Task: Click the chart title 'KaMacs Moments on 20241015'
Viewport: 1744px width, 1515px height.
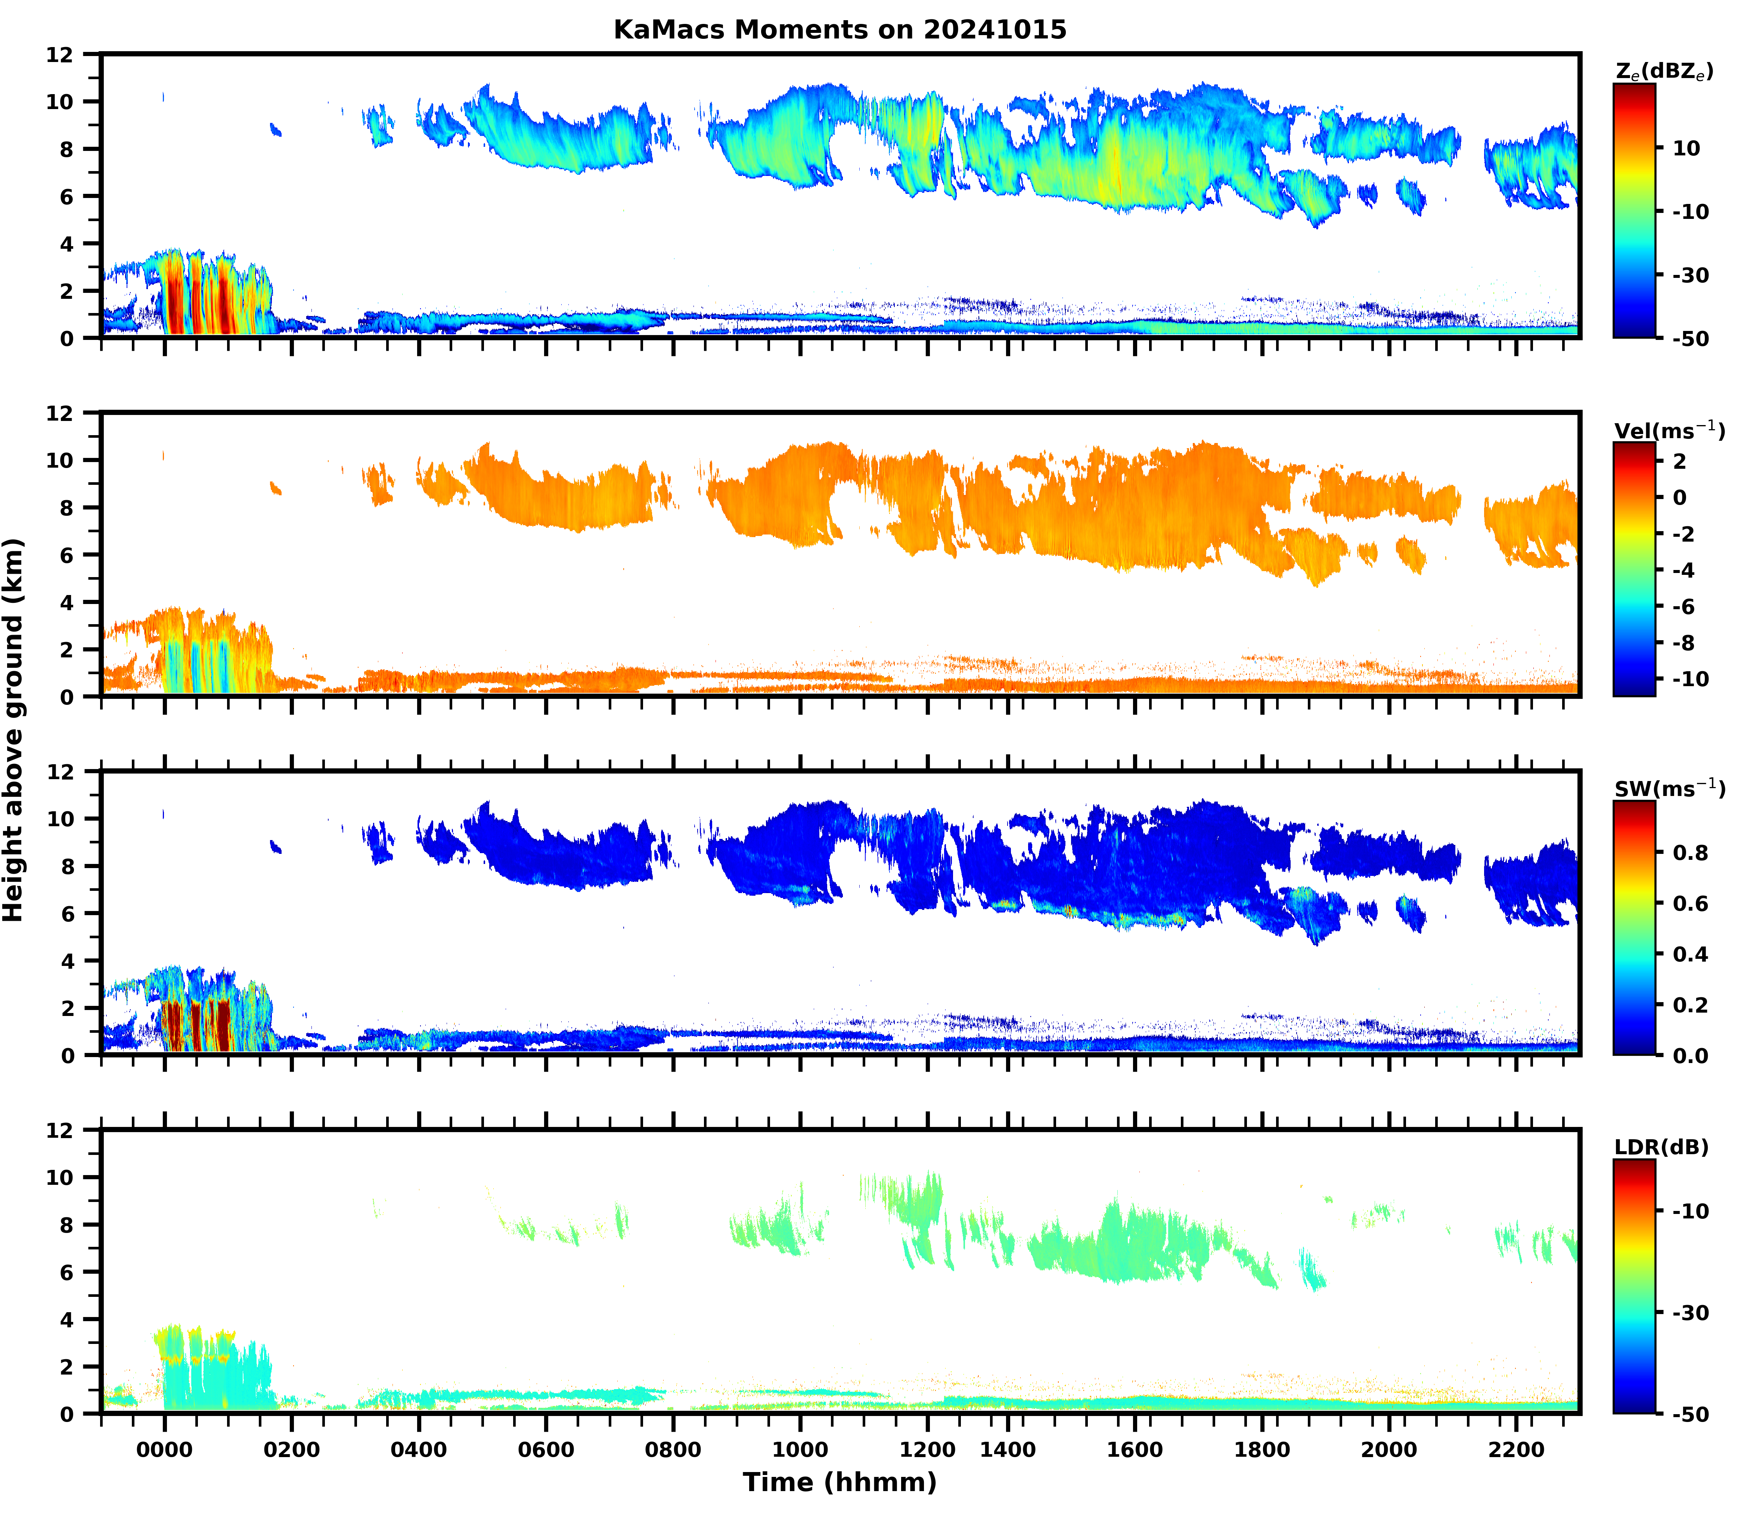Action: tap(840, 30)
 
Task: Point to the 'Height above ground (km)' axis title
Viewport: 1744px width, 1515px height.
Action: tap(13, 729)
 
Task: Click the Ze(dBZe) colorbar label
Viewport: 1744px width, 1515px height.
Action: tap(1664, 72)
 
